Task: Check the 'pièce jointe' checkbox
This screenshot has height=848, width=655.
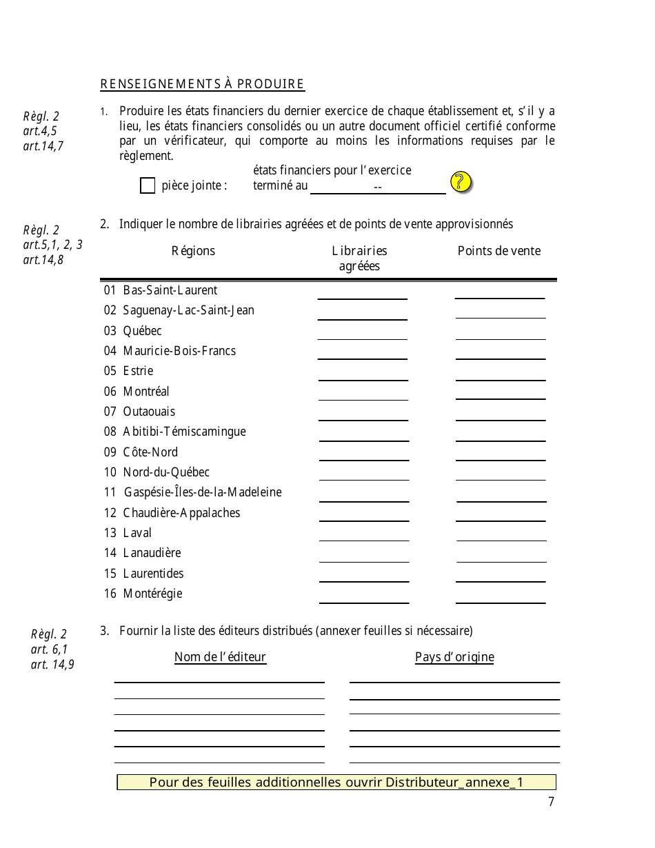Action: pyautogui.click(x=148, y=185)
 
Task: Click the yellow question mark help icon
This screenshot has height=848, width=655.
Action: pyautogui.click(x=461, y=182)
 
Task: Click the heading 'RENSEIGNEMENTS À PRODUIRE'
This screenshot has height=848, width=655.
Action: pyautogui.click(x=202, y=85)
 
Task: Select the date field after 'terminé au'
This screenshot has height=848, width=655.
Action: pyautogui.click(x=378, y=187)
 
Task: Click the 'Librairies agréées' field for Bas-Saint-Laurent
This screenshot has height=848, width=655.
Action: pyautogui.click(x=362, y=292)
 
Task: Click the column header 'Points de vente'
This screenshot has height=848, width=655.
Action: pyautogui.click(x=499, y=251)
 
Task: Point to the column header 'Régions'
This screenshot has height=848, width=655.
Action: pyautogui.click(x=193, y=251)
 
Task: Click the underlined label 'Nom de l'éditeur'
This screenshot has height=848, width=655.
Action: pyautogui.click(x=220, y=657)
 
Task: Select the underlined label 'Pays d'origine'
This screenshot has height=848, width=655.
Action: pyautogui.click(x=454, y=657)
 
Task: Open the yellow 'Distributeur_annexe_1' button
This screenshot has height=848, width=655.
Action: pyautogui.click(x=336, y=782)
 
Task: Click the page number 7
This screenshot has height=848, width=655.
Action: pyautogui.click(x=551, y=801)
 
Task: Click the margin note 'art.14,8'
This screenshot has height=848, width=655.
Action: pyautogui.click(x=43, y=260)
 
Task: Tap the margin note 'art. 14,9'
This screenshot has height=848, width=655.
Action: pyautogui.click(x=52, y=665)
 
